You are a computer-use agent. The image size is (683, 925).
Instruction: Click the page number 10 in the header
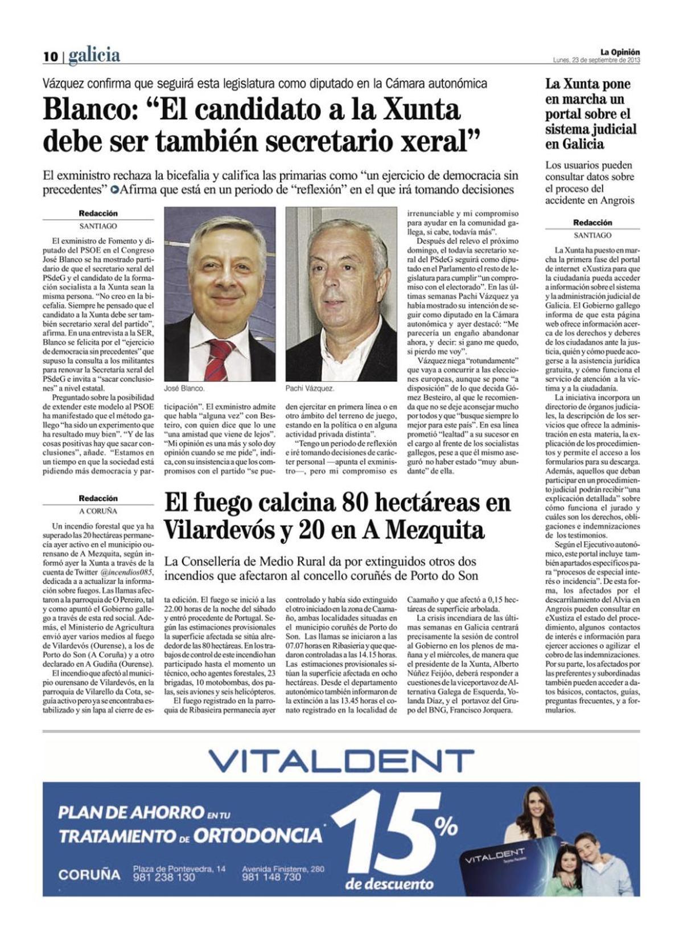(x=51, y=56)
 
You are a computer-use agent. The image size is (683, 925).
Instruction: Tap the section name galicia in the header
(x=94, y=55)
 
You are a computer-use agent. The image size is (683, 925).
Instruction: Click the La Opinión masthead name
(x=620, y=52)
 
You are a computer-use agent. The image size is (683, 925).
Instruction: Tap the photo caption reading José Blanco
(x=184, y=388)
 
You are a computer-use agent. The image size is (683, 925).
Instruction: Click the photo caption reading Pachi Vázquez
(x=310, y=388)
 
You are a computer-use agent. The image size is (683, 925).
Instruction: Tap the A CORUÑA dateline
(x=98, y=511)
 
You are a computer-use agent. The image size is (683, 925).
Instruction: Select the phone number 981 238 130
(x=164, y=878)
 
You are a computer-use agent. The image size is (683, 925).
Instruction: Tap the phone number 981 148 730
(x=271, y=878)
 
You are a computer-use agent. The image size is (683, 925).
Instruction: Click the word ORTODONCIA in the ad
(x=257, y=836)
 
